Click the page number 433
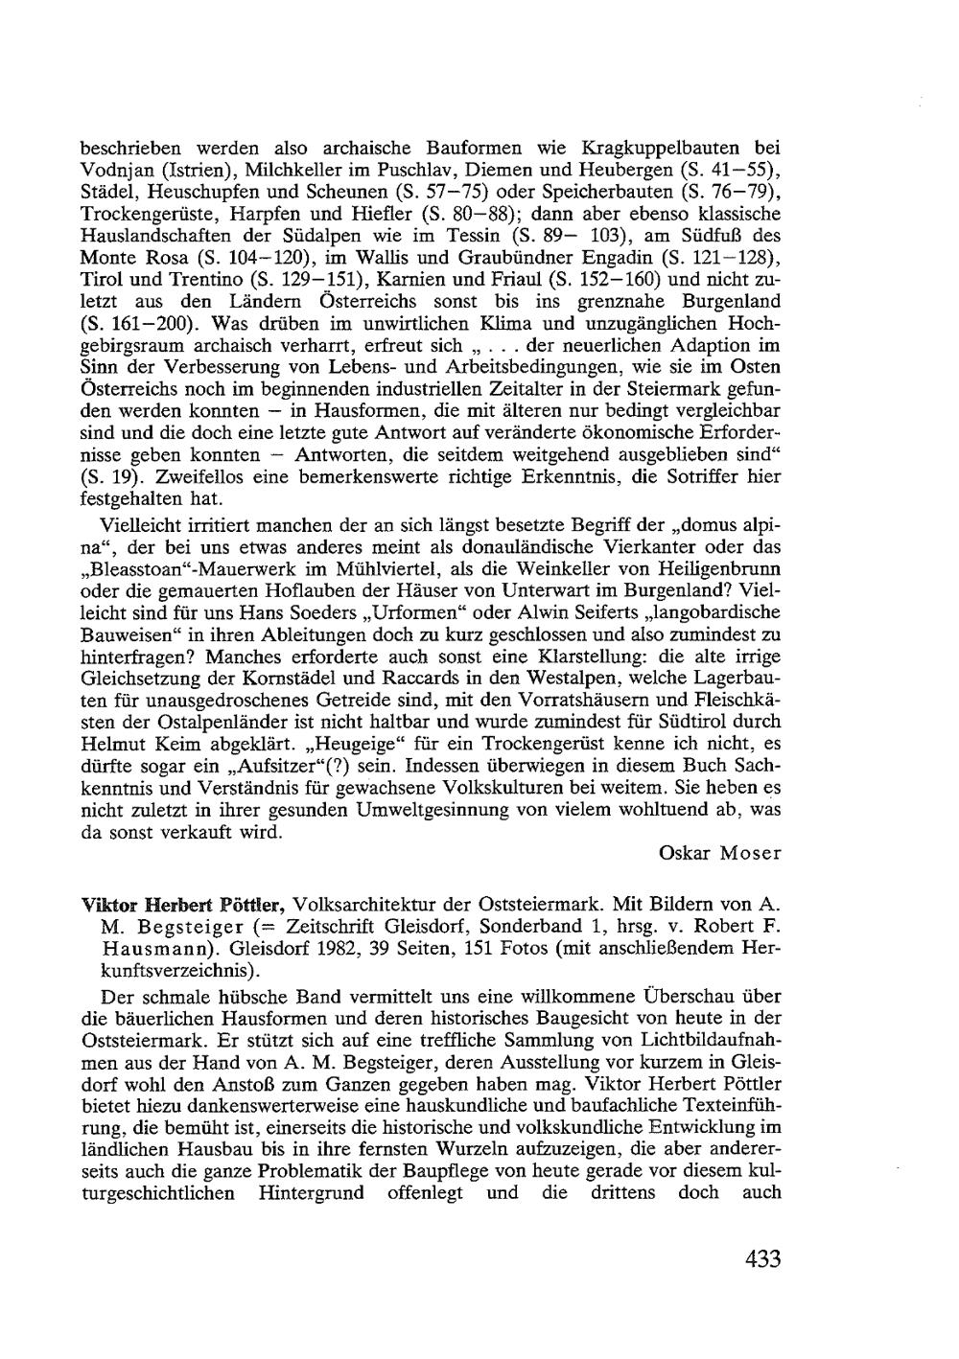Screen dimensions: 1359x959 [762, 1258]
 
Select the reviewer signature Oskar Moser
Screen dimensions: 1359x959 [720, 853]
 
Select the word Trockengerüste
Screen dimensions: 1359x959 [137, 213]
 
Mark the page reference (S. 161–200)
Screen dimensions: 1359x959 [136, 323]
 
